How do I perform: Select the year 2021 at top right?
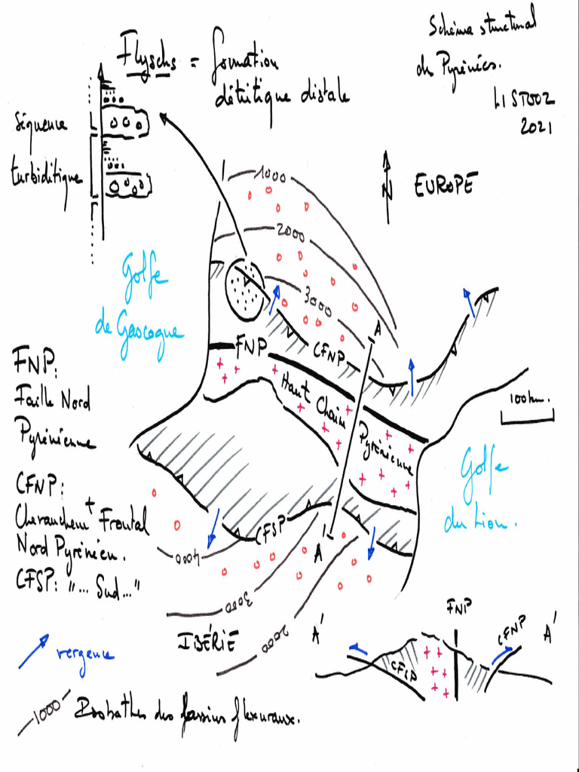pyautogui.click(x=536, y=127)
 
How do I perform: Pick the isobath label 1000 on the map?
pyautogui.click(x=269, y=178)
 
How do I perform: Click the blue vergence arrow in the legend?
pyautogui.click(x=34, y=651)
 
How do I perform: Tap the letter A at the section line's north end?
pyautogui.click(x=376, y=330)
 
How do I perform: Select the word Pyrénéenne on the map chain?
pyautogui.click(x=385, y=449)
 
